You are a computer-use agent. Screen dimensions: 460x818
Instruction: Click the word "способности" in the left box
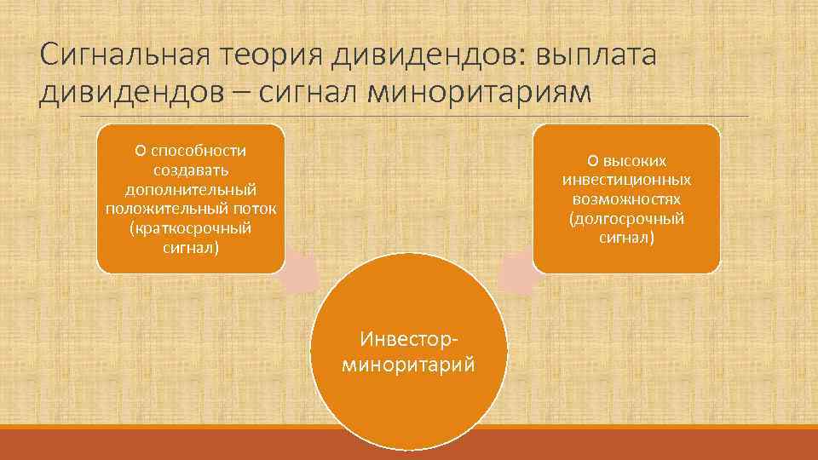coord(198,151)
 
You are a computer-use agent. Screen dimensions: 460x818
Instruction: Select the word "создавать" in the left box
coord(190,170)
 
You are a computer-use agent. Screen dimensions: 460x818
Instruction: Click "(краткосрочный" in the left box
coord(190,229)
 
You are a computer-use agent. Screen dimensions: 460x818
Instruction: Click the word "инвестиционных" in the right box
coord(626,181)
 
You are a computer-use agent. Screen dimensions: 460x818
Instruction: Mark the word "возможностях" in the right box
coord(626,200)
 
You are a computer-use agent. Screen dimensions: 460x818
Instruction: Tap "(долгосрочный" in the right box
coord(626,220)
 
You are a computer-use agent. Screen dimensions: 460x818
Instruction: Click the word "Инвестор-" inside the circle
coord(409,342)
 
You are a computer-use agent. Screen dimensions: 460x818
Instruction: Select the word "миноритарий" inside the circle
coord(409,365)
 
